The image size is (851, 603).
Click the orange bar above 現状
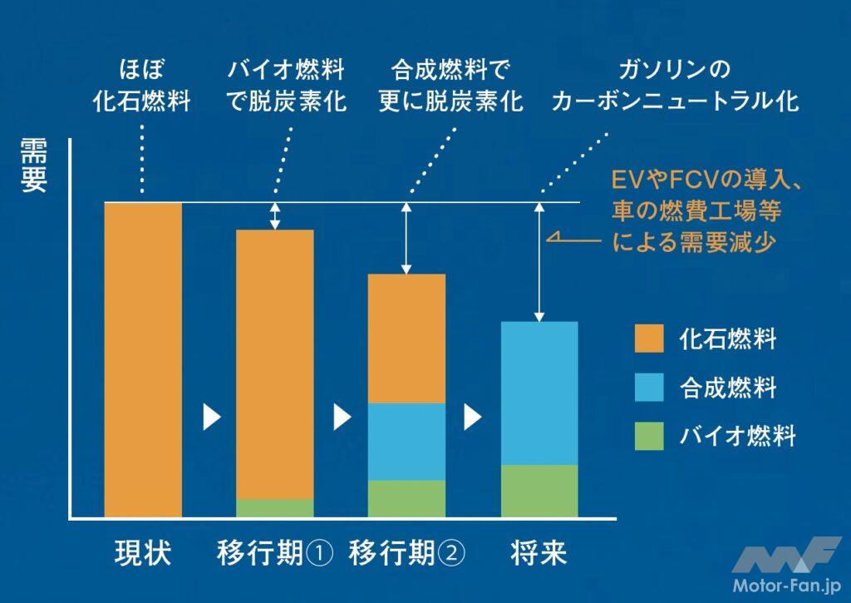coord(143,359)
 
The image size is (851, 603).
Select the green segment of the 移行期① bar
coord(275,508)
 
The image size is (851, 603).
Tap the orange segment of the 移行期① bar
coord(275,364)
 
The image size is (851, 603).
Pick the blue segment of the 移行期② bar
coord(407,442)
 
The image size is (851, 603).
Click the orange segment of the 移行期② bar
coord(407,339)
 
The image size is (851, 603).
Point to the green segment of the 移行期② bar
coord(407,499)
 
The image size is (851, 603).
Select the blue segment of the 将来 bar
coord(539,393)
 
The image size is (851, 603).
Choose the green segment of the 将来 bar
coord(539,491)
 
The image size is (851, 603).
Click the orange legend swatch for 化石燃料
coord(649,338)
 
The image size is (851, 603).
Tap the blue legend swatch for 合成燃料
coord(649,387)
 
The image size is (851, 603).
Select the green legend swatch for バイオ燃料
coord(649,436)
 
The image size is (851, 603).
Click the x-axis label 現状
coord(142,553)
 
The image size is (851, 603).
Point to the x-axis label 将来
coord(539,553)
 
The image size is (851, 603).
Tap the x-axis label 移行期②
coord(407,553)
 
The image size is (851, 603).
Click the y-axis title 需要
coord(35,166)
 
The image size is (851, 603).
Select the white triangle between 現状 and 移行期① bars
coord(211,417)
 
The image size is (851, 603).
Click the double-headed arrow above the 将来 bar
coord(540,262)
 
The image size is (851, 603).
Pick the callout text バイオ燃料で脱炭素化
coord(286,85)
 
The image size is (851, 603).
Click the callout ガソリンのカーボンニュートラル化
coord(675,85)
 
